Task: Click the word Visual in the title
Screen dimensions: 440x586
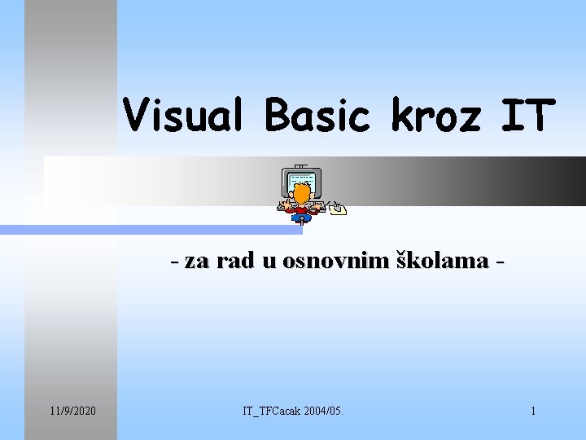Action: coord(186,116)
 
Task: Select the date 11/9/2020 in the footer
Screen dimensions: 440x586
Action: coord(71,411)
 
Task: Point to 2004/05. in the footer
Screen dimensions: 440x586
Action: coord(325,411)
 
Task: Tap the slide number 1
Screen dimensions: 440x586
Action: coord(533,411)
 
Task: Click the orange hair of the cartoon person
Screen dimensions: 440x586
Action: coord(301,193)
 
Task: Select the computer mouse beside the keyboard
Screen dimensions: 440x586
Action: coord(338,210)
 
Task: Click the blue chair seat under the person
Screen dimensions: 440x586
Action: coord(302,217)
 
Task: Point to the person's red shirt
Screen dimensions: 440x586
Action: coord(302,209)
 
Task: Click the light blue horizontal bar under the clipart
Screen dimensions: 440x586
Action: coord(163,231)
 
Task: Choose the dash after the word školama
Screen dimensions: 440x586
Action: coord(499,262)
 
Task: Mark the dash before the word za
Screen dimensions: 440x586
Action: coord(176,262)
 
